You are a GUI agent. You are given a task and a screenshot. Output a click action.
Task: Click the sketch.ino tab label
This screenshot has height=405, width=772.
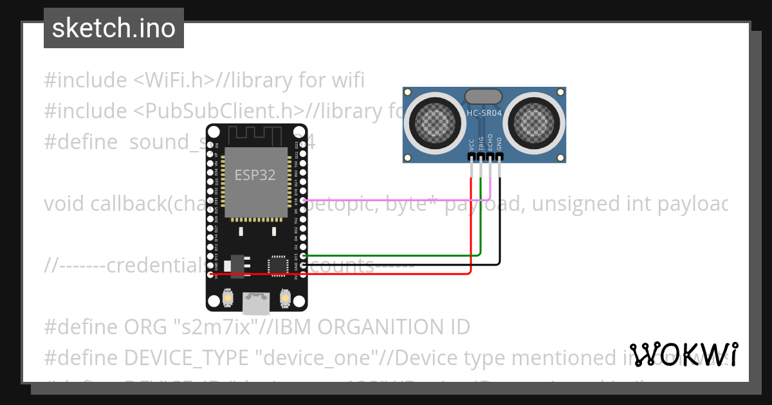tap(114, 28)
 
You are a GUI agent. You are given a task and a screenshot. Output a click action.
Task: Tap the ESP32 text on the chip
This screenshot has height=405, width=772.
tap(255, 175)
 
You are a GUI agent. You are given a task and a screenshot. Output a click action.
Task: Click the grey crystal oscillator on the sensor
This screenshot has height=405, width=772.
tap(483, 96)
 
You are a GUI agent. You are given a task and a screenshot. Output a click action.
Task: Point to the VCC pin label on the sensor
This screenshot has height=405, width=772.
tap(472, 145)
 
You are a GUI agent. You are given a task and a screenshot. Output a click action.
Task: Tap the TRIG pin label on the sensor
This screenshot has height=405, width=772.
tap(481, 143)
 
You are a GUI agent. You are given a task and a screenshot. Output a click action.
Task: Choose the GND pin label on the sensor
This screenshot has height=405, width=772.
tap(499, 145)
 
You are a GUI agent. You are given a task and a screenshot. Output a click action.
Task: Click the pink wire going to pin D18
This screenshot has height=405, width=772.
tap(399, 200)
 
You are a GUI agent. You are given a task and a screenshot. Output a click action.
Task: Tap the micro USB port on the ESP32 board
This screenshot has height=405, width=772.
tap(256, 301)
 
